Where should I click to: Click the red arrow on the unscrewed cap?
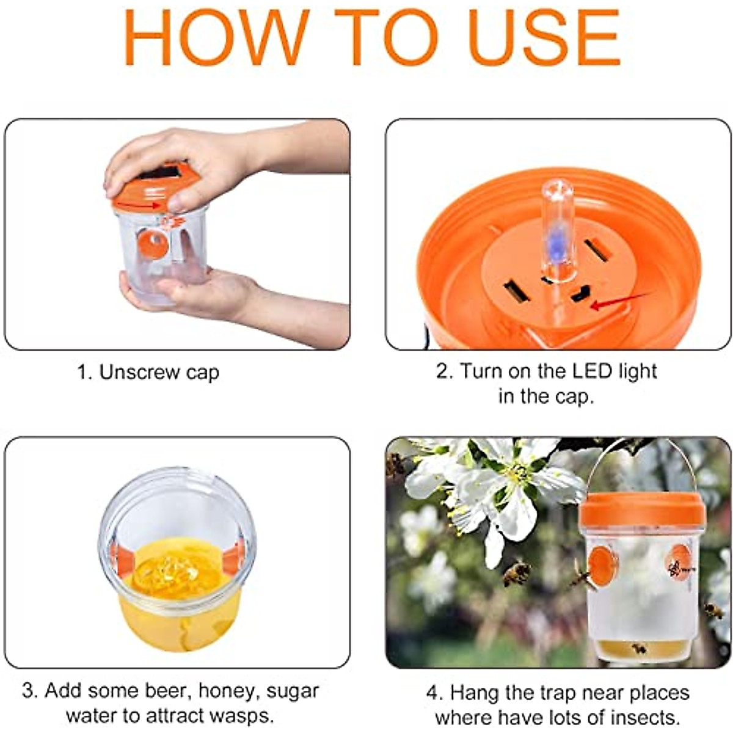138,205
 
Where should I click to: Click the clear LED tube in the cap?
558,232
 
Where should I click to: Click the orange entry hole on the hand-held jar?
153,243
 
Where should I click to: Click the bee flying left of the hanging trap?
517,573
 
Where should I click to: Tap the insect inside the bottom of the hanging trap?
638,648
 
